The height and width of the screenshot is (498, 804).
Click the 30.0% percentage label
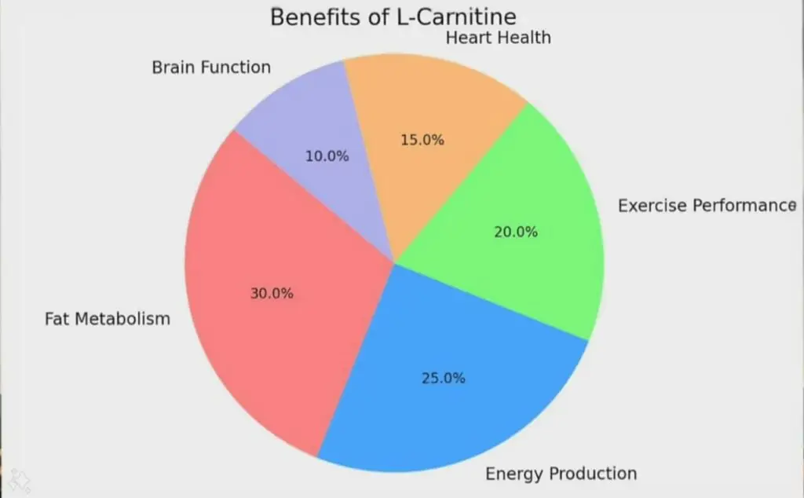(x=272, y=294)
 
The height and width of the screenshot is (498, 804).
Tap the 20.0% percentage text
(x=517, y=232)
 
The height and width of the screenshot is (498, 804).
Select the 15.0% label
(x=423, y=141)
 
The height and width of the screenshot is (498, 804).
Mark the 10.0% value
(x=327, y=156)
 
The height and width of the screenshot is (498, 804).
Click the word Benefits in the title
(x=307, y=17)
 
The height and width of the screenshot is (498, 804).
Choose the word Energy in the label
(x=515, y=474)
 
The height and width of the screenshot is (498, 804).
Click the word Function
(x=236, y=68)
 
